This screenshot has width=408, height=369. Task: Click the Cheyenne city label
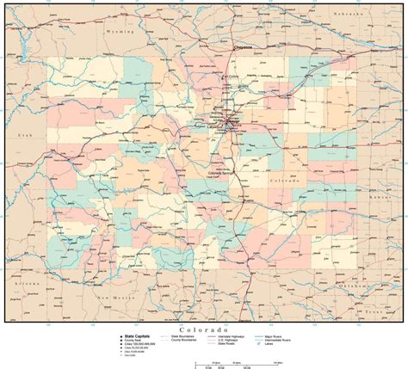click(x=244, y=48)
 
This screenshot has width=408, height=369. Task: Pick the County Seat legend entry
click(x=133, y=341)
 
